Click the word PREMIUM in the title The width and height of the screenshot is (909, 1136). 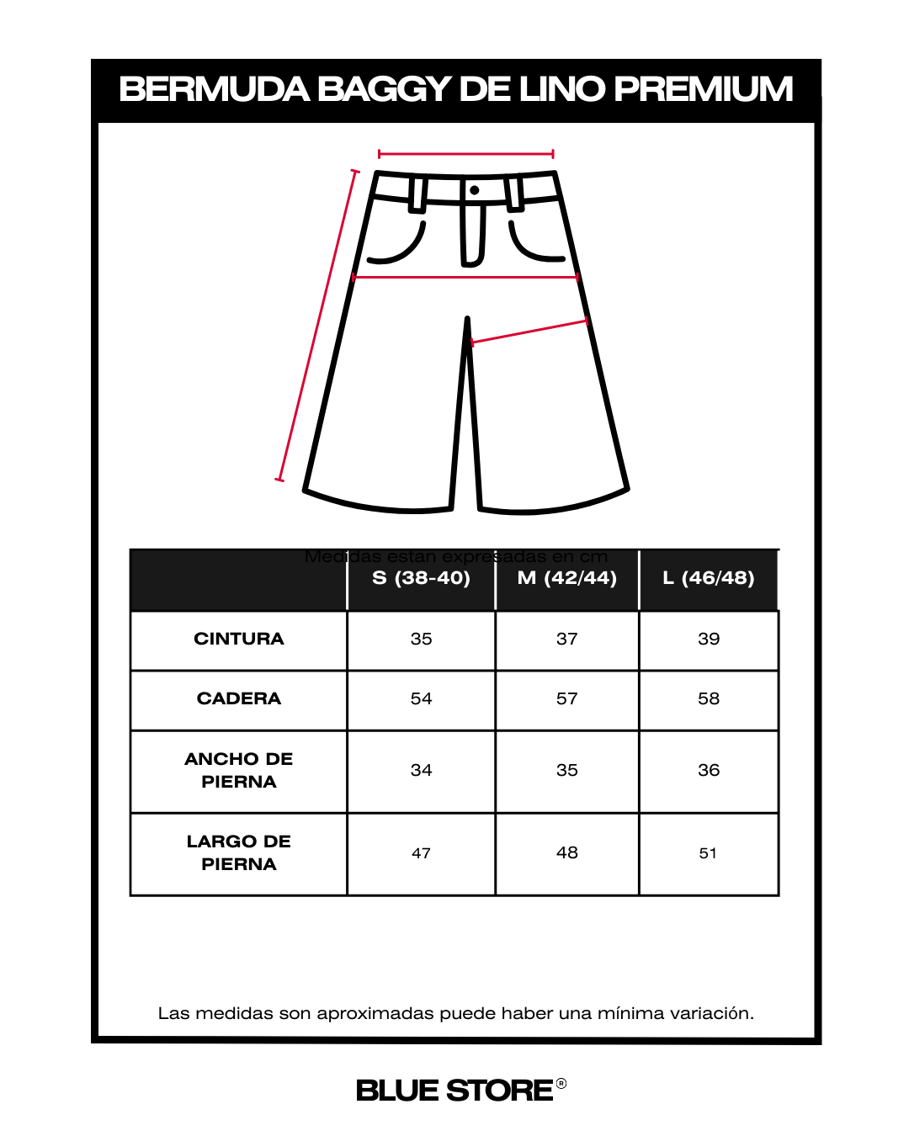[703, 89]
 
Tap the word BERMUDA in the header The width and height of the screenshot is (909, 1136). [214, 89]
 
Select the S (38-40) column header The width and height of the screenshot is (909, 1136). [421, 578]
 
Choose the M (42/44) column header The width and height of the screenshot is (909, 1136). [566, 578]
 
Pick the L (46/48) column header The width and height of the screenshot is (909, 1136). [708, 578]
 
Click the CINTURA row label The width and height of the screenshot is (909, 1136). [239, 639]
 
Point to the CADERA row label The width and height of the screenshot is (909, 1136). [239, 698]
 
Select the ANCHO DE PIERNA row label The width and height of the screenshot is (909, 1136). [239, 770]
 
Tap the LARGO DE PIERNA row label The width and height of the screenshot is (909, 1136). [239, 852]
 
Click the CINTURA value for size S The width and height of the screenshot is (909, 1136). [421, 639]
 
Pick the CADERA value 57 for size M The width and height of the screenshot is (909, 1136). [566, 698]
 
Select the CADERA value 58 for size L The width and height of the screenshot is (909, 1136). [709, 698]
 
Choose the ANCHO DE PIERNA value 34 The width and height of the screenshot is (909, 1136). [421, 770]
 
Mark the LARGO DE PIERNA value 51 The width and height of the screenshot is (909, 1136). [708, 853]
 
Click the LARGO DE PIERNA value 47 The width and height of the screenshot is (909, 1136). [421, 853]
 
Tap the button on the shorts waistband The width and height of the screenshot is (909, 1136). [475, 190]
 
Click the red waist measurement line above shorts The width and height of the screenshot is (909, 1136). [465, 154]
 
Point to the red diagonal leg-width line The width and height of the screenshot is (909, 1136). [529, 332]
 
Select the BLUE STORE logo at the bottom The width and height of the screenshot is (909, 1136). [455, 1091]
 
